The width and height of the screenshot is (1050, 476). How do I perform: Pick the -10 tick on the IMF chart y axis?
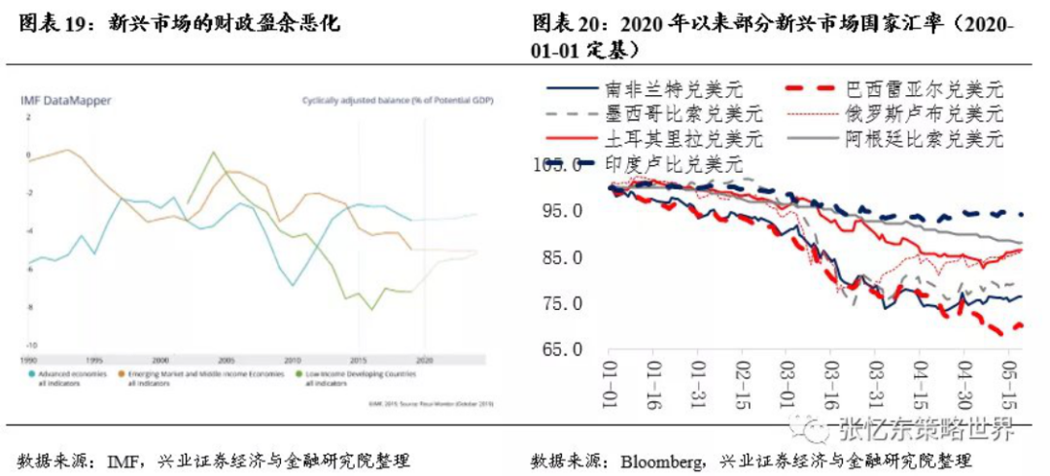30,345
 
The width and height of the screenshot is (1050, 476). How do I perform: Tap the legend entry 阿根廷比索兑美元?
923,138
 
